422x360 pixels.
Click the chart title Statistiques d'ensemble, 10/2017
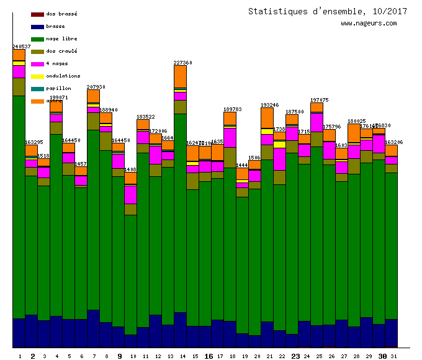[x=319, y=11]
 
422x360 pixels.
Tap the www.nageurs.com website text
[x=369, y=24]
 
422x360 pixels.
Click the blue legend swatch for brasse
[x=37, y=27]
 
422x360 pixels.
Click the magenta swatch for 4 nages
[x=37, y=64]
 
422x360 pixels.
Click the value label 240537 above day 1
[x=22, y=47]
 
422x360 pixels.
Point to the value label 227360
[x=183, y=63]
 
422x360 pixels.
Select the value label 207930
[x=96, y=87]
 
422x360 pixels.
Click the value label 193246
[x=269, y=105]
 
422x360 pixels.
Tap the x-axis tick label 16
[x=208, y=356]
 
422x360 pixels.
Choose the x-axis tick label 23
[x=295, y=356]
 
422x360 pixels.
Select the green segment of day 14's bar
[x=180, y=211]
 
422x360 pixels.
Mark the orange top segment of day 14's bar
[x=180, y=76]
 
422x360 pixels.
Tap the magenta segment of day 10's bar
[x=130, y=194]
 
